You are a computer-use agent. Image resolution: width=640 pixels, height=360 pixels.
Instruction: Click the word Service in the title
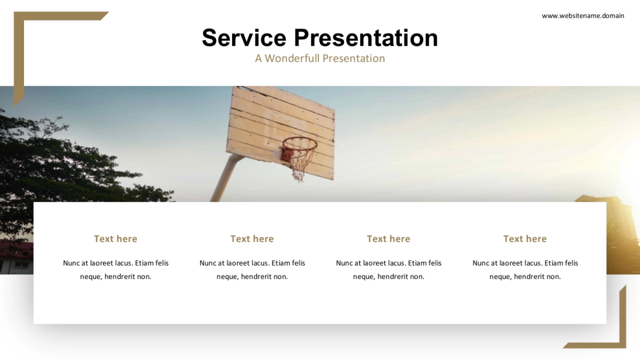(x=244, y=38)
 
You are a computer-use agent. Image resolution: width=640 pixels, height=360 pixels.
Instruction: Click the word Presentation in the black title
(x=366, y=38)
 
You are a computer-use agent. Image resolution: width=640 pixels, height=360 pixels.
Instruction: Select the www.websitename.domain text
(x=583, y=15)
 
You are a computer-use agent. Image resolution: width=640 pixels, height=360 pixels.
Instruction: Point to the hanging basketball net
(x=299, y=163)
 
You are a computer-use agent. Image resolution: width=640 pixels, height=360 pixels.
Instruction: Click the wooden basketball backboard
(x=281, y=133)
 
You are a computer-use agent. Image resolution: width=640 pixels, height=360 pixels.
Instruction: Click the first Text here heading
(x=115, y=239)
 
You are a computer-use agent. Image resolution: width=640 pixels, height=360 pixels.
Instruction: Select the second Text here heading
(x=252, y=239)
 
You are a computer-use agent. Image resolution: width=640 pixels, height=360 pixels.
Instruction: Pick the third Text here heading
(x=389, y=239)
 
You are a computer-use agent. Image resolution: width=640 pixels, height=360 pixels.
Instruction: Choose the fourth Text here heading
(x=525, y=239)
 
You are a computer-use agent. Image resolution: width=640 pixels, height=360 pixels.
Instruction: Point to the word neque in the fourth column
(x=499, y=277)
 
